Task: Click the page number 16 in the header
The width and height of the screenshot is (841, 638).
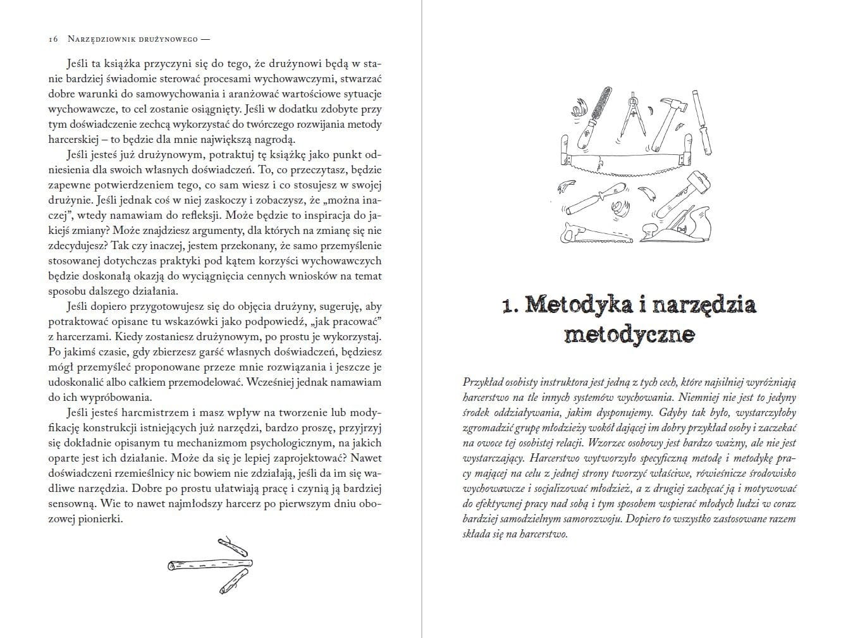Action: tap(53, 39)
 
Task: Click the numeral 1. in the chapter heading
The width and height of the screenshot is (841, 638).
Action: tap(511, 306)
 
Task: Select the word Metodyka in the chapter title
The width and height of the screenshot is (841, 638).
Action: tap(578, 305)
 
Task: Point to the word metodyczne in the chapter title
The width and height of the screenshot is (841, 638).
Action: tap(629, 334)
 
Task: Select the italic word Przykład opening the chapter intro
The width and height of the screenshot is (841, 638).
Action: tap(482, 383)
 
